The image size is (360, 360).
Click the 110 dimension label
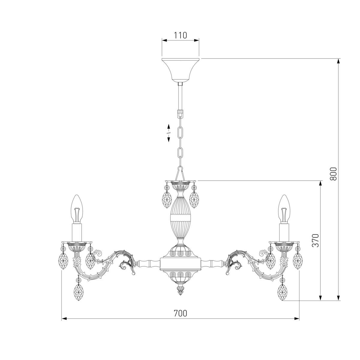point(180,35)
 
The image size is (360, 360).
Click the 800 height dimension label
point(333,173)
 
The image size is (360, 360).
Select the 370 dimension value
point(315,240)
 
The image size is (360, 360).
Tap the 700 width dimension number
point(180,313)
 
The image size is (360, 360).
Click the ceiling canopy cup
point(180,69)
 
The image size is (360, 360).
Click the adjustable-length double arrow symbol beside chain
point(169,133)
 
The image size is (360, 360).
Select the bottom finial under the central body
point(180,290)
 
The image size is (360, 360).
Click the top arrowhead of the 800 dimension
point(338,61)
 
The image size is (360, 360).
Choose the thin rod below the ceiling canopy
point(180,96)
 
